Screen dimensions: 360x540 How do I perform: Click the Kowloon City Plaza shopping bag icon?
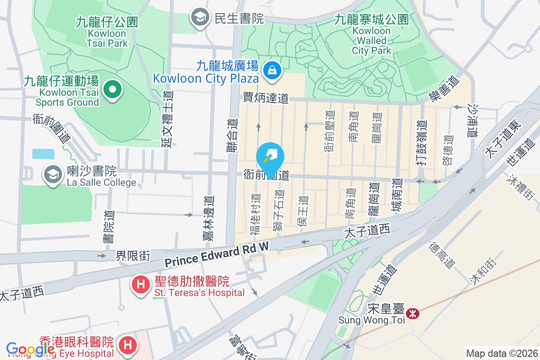click(272, 70)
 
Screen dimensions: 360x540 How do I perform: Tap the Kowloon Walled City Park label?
click(372, 35)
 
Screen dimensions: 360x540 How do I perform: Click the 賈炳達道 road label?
click(265, 98)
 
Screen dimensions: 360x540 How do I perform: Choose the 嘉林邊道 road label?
click(209, 218)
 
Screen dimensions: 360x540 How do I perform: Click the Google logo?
click(30, 349)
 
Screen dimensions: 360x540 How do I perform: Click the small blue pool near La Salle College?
click(43, 153)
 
